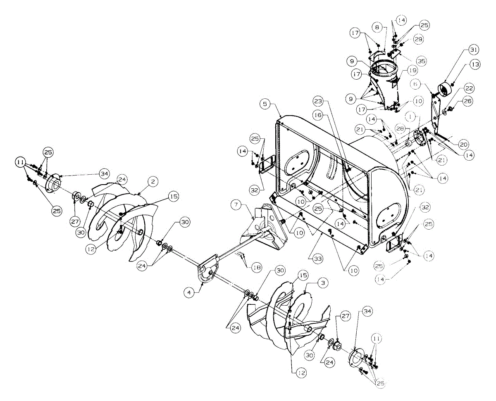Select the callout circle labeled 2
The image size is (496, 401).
153,181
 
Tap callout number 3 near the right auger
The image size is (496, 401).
322,283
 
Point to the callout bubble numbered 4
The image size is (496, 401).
189,292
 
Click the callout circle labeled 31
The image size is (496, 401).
473,50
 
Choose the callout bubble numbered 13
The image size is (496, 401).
474,66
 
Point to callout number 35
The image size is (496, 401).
421,61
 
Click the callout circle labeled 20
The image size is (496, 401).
463,144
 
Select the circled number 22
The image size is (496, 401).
468,88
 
